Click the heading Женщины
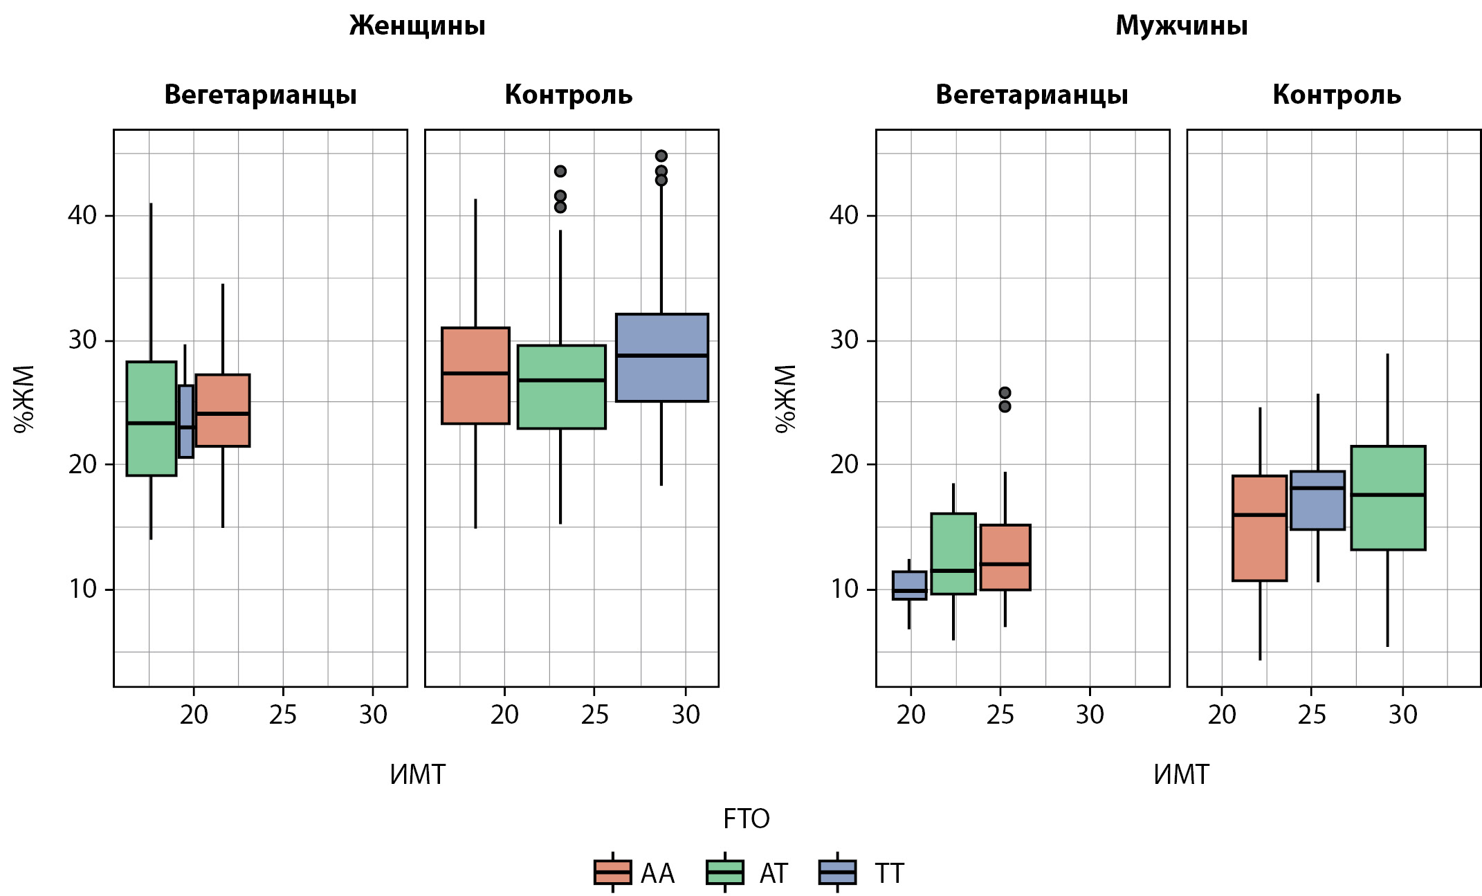tap(417, 26)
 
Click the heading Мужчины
tap(1181, 26)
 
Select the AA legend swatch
tap(612, 872)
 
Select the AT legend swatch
tap(724, 872)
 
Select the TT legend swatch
tap(836, 872)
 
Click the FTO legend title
tap(746, 819)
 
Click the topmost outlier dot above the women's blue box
tap(661, 156)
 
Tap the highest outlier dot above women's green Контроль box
tap(560, 171)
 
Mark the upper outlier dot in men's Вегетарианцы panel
tap(1005, 393)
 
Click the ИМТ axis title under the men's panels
tap(1181, 775)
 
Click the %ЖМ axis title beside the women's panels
tap(25, 399)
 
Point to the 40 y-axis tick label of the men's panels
tap(843, 215)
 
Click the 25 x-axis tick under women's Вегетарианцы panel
tap(283, 715)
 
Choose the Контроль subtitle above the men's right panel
tap(1336, 95)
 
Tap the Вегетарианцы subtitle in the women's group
tap(260, 95)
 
